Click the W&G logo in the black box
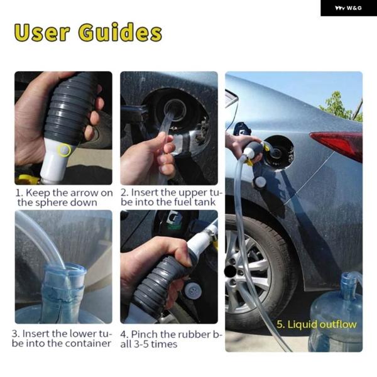pos(348,8)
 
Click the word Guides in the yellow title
pos(120,32)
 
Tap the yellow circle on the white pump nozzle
pos(63,150)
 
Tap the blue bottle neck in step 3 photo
pos(65,281)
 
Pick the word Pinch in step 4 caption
pos(143,334)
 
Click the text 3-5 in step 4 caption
pos(141,344)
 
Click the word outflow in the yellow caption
pos(338,325)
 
